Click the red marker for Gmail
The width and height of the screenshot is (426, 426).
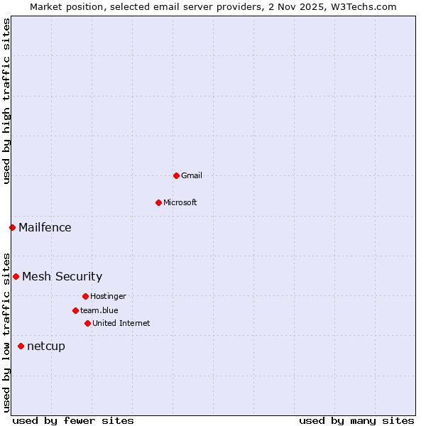coord(176,175)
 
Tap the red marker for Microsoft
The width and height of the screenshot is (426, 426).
coord(158,202)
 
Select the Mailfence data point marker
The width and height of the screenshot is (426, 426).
coord(12,227)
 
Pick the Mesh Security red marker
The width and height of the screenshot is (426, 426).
coord(16,276)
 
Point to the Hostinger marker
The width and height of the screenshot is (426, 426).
coord(85,296)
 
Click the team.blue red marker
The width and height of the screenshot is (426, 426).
coord(75,310)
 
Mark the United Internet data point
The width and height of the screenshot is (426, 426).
coord(87,323)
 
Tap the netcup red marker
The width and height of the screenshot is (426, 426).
coord(21,346)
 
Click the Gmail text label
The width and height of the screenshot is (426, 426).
coord(192,175)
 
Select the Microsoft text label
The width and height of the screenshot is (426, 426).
coord(180,202)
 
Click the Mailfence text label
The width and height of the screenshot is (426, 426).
coord(45,227)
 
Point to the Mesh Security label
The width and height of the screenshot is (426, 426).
coord(62,276)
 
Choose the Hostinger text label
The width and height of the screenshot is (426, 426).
coord(108,296)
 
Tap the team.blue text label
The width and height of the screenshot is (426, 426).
coord(99,310)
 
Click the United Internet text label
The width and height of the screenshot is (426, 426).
coord(121,323)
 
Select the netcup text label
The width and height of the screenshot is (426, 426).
coord(46,346)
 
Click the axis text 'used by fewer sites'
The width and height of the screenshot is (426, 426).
coord(73,420)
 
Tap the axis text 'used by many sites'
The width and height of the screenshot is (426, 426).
coord(356,420)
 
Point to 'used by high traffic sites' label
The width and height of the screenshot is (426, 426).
coord(6,101)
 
